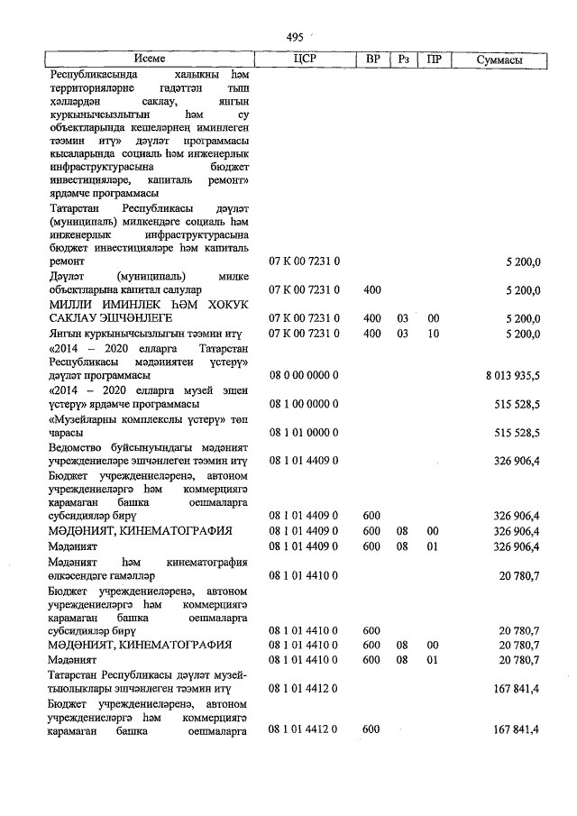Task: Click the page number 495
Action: (293, 37)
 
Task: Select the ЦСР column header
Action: (304, 60)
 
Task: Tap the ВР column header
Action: (372, 60)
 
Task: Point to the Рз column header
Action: (404, 60)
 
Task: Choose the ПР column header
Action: (434, 60)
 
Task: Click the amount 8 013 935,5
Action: (509, 374)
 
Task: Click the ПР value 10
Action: (434, 334)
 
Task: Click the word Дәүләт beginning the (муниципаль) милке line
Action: (64, 276)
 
